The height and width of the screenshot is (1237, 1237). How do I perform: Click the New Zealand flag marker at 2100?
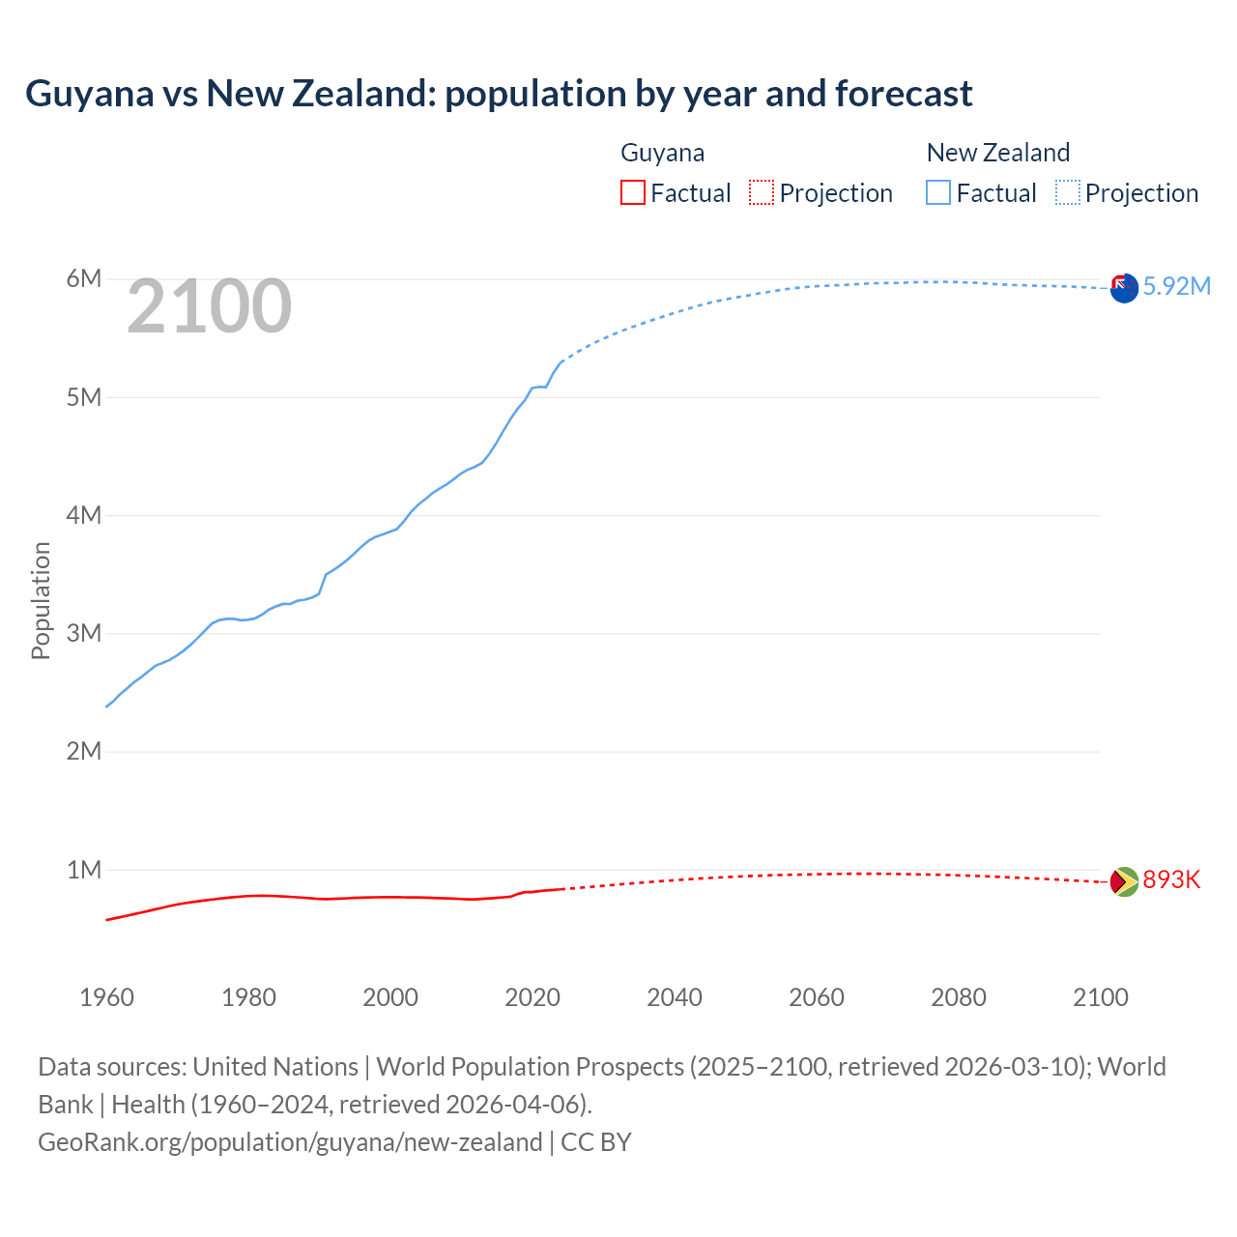1124,288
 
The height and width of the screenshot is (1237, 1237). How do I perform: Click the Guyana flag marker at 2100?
1124,881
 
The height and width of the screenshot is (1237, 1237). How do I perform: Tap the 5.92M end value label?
1176,286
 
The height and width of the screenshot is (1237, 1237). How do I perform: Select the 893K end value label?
1171,879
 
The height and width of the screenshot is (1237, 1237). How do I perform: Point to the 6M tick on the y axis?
84,279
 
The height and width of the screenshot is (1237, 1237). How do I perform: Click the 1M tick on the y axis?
84,870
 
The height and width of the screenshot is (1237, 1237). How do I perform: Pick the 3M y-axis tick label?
84,633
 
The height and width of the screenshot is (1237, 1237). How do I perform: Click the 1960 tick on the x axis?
106,997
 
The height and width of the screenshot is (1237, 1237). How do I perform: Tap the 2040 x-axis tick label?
675,997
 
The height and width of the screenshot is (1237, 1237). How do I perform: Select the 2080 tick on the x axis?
959,997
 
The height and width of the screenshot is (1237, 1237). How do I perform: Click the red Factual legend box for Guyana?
632,192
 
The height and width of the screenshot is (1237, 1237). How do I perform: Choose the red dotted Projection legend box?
762,192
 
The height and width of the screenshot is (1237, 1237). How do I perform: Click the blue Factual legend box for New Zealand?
938,192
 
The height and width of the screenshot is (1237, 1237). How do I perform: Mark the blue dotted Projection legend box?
1068,192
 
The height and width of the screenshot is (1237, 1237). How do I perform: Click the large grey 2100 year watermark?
209,306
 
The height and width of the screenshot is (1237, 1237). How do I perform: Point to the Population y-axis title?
41,600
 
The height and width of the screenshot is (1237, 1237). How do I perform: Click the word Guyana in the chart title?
90,94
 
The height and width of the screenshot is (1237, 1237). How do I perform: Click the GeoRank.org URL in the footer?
290,1141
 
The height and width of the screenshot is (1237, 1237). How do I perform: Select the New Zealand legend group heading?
998,153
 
